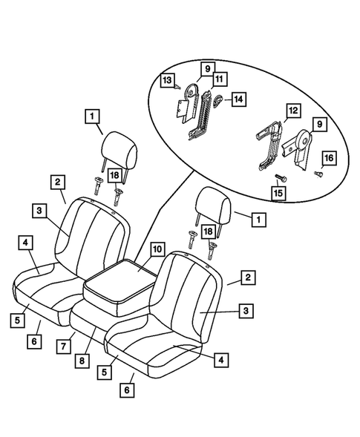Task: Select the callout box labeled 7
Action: (x=65, y=345)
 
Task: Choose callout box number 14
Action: (x=238, y=99)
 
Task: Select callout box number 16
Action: (x=329, y=158)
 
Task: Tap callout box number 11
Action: (x=219, y=76)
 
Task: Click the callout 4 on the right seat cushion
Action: (x=220, y=360)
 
